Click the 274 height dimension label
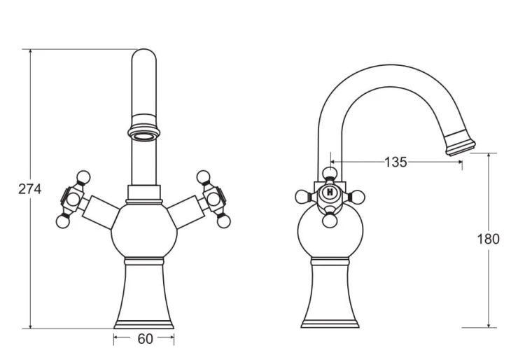(30, 189)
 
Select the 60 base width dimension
(145, 339)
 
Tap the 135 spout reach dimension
(395, 162)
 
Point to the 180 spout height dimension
(488, 239)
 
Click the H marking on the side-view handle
(330, 193)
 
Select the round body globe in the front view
(144, 231)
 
